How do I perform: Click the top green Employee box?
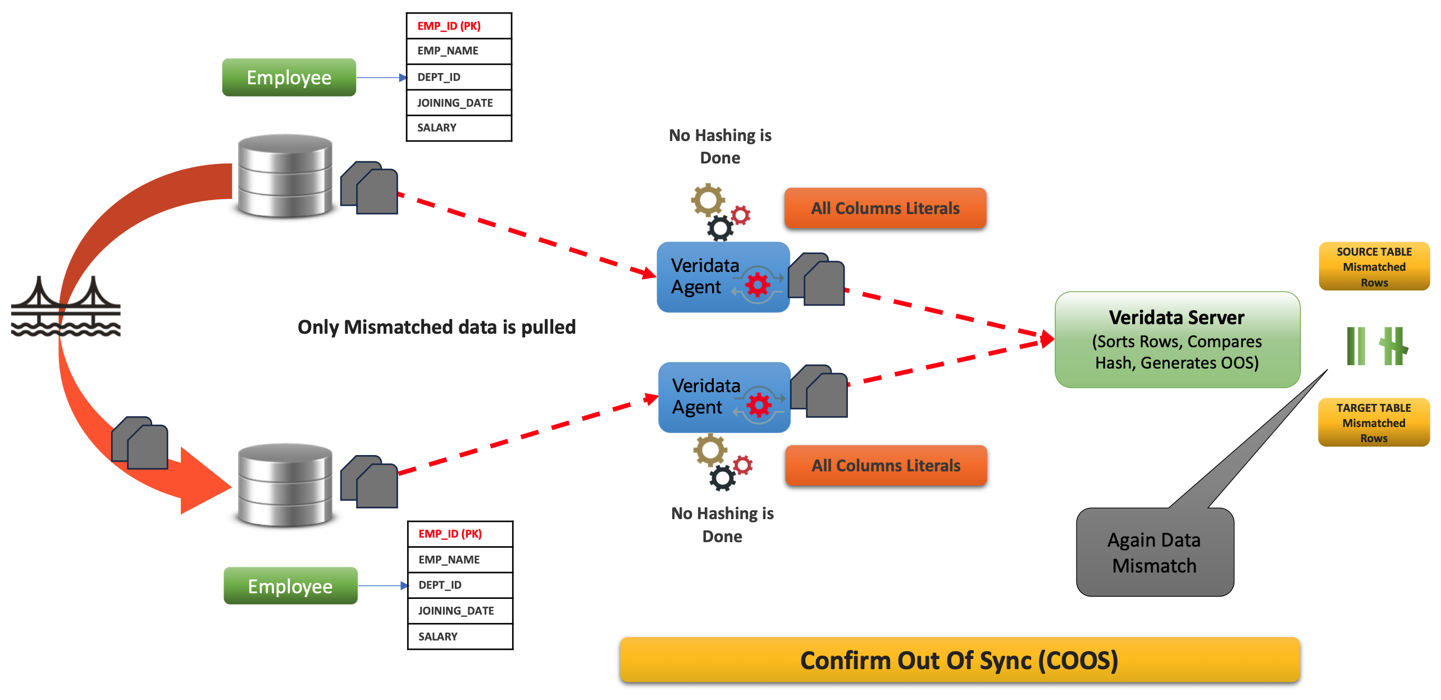coord(289,78)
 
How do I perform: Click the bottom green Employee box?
coord(290,586)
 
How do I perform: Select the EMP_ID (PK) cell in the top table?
coord(459,26)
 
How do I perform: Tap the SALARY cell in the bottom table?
coord(460,637)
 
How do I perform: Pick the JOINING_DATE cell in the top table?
coord(459,103)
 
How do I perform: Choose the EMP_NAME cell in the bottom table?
coord(460,560)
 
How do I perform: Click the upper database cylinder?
coord(285,175)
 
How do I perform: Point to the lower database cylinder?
coord(285,485)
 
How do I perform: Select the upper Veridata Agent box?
coord(722,277)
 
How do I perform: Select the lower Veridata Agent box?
coord(723,397)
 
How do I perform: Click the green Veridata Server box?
coord(1177,340)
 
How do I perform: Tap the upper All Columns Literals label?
coord(885,208)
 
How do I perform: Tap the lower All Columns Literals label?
coord(886,466)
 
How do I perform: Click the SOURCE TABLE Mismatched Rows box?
coord(1374,267)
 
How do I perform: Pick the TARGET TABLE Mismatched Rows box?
coord(1373,422)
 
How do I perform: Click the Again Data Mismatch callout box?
coord(1155,552)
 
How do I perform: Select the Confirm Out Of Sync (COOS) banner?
coord(959,660)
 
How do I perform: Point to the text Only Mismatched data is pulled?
coord(436,327)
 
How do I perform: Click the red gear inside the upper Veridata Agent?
coord(758,285)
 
